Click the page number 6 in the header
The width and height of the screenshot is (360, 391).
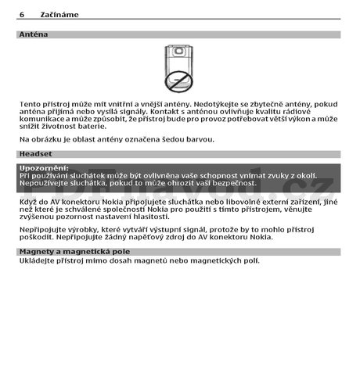tap(22, 15)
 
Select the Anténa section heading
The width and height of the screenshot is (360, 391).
tap(34, 34)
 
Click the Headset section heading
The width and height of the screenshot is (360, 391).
tap(36, 154)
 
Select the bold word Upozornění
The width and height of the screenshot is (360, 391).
tap(44, 168)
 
